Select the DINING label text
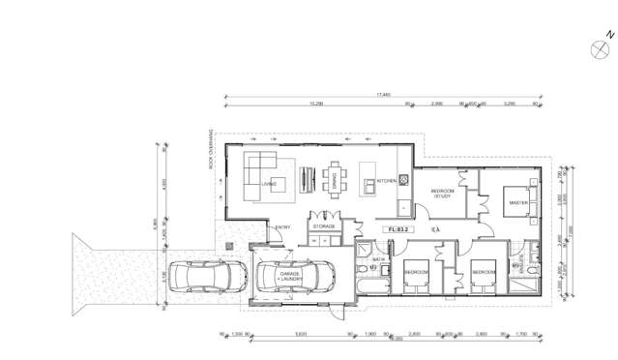335,181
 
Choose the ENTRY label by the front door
282,227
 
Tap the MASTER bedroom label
518,202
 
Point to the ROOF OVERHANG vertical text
209,150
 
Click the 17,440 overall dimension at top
384,94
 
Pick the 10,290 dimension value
315,104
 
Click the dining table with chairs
335,179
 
